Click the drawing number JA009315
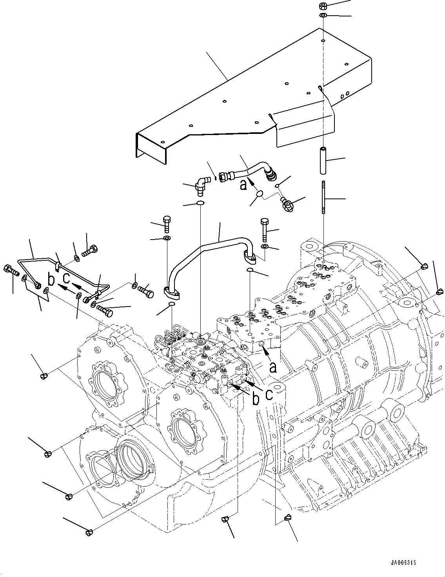coord(403,562)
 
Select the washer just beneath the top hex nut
coord(323,15)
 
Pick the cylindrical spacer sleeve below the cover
coord(323,160)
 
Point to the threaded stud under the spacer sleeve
coord(323,197)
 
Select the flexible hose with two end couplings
coord(247,174)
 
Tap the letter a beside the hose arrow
coord(244,184)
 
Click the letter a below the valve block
coord(273,367)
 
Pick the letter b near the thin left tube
coord(51,280)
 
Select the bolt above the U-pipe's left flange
coord(167,224)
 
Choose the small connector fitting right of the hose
coord(287,205)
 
